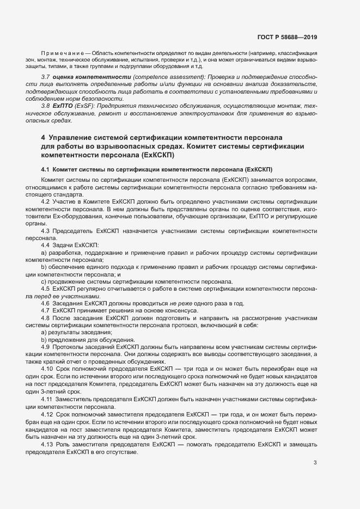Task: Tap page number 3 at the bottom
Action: coord(315,463)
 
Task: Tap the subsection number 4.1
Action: coord(46,169)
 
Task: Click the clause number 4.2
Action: coord(46,201)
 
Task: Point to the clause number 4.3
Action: coord(46,231)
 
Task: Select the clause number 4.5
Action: coord(46,289)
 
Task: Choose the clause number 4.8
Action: coord(46,317)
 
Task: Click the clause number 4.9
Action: coord(46,347)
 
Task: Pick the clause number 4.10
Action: coord(47,369)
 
